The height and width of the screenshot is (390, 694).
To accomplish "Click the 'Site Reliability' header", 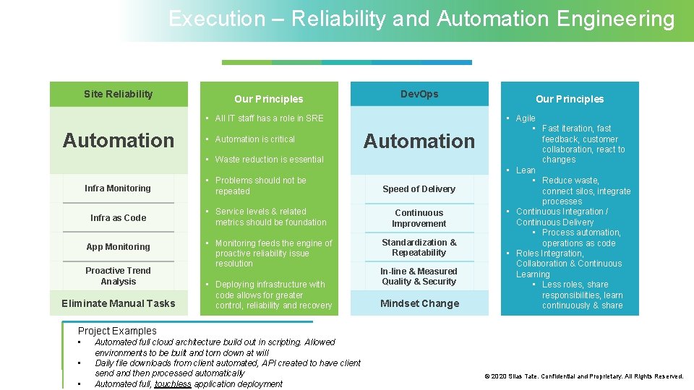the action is (x=118, y=94).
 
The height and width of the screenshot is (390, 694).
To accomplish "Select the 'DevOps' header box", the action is (x=419, y=94).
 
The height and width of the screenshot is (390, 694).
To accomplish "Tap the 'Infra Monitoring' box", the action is (x=118, y=188).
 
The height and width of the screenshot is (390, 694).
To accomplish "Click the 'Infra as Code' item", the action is (x=118, y=217).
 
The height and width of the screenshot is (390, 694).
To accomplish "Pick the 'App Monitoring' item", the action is (x=118, y=247).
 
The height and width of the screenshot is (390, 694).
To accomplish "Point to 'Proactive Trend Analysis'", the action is (x=118, y=276).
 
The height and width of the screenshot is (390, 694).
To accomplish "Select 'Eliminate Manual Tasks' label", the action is (x=118, y=303).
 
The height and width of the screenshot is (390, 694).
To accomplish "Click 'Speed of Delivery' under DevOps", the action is (x=419, y=189).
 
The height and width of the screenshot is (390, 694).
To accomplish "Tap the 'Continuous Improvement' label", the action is (x=419, y=218).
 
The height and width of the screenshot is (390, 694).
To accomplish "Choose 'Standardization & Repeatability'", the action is (x=419, y=248).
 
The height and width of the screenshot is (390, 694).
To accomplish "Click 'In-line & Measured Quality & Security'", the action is (x=419, y=277).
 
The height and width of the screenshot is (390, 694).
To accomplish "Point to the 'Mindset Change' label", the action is (x=419, y=303).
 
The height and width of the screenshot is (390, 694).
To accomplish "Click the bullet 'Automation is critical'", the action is (x=254, y=139).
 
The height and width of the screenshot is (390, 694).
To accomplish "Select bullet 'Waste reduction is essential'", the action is (x=269, y=160).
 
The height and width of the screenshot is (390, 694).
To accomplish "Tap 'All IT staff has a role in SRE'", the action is (x=269, y=118).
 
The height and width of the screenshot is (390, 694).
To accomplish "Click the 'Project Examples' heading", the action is (x=117, y=331).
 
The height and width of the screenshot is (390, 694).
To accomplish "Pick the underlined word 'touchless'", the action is (x=173, y=384).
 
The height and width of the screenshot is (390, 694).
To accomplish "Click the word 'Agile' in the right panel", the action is (x=526, y=118).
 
